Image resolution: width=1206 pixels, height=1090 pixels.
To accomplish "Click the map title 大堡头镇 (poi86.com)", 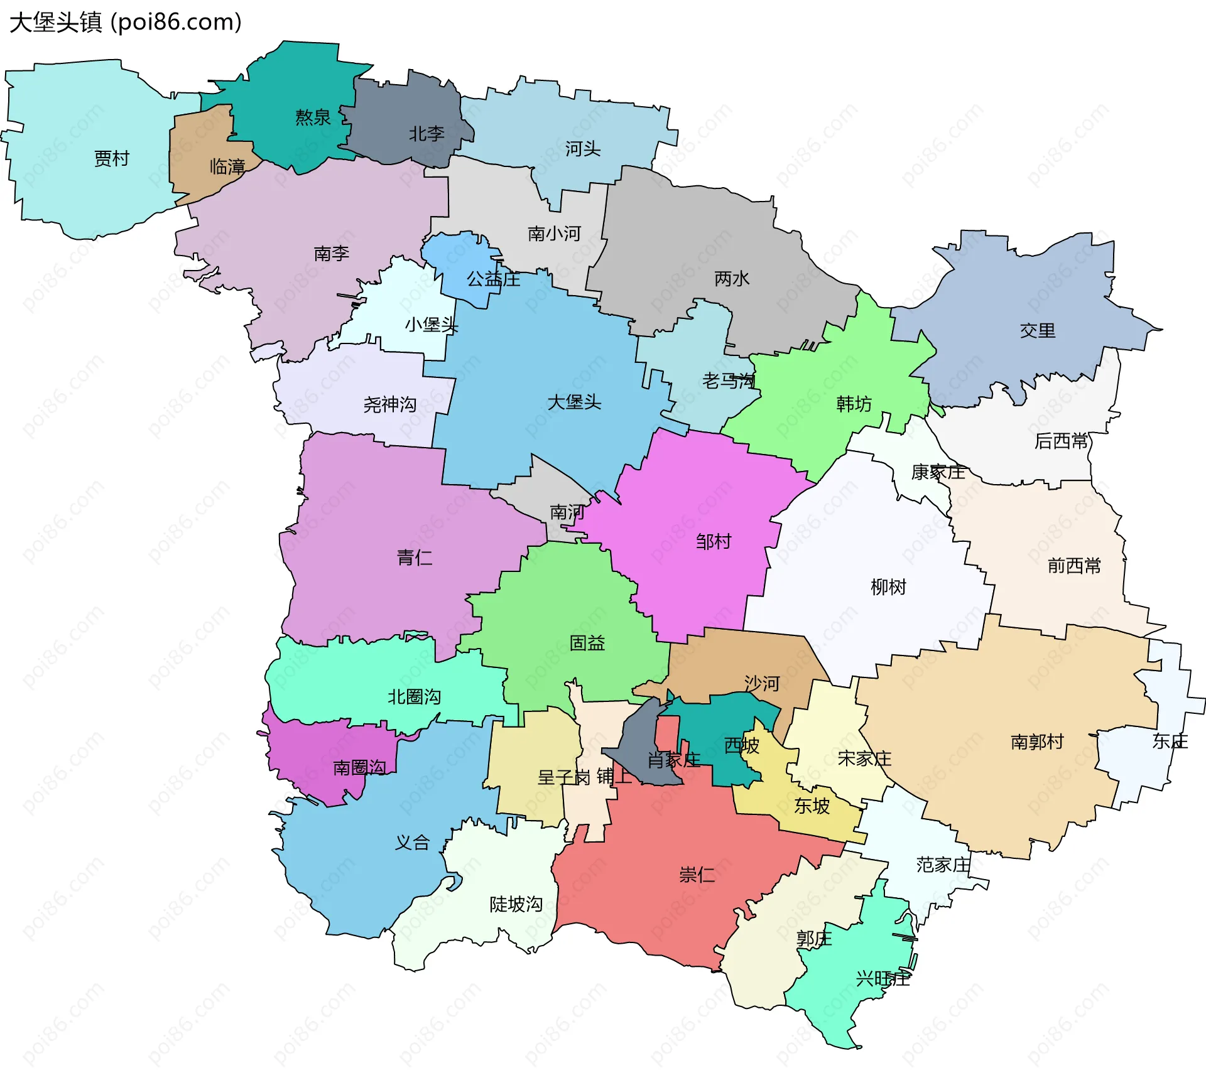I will [126, 23].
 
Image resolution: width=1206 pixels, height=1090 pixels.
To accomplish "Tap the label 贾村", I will [112, 158].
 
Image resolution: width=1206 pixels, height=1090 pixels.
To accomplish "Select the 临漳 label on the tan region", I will [227, 166].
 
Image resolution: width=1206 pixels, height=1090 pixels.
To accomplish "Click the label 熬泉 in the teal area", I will [313, 117].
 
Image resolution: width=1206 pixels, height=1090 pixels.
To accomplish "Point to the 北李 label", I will [426, 134].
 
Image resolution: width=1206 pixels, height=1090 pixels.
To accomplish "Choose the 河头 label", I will [582, 149].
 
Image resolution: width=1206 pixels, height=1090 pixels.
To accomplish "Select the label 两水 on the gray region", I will [732, 278].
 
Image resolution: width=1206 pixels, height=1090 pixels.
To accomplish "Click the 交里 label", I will [1037, 330].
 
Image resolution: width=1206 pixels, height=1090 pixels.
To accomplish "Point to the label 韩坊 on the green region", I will [854, 404].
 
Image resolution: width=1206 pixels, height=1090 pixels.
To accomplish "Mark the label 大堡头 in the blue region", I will [574, 402].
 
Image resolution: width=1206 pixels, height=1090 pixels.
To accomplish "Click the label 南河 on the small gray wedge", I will [567, 512].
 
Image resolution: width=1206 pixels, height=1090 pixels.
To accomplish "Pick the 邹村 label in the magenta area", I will [714, 541].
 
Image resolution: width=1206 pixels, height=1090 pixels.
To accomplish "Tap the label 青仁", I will [415, 557].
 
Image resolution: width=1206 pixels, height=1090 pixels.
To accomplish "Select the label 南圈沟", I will [359, 767].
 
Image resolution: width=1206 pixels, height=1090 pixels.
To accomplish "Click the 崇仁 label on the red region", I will [697, 875].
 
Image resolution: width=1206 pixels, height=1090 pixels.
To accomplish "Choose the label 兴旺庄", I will [883, 979].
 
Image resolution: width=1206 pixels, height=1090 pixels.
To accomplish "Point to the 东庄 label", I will [1170, 742].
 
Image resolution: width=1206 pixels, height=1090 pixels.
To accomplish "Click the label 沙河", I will [762, 683].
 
